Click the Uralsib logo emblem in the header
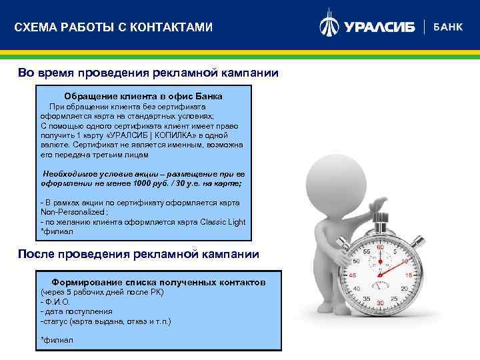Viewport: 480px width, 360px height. tap(329, 26)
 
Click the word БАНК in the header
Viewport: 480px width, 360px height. tap(448, 27)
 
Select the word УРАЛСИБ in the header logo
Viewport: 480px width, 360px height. tap(379, 27)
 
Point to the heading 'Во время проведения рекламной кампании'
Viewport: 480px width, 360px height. tap(148, 73)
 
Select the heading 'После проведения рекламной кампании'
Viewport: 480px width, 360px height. tap(137, 254)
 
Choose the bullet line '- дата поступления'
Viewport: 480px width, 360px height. tap(76, 311)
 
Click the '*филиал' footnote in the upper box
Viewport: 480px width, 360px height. tap(57, 231)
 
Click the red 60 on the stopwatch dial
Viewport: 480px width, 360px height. tap(381, 247)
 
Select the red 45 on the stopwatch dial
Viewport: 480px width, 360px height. tap(353, 275)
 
